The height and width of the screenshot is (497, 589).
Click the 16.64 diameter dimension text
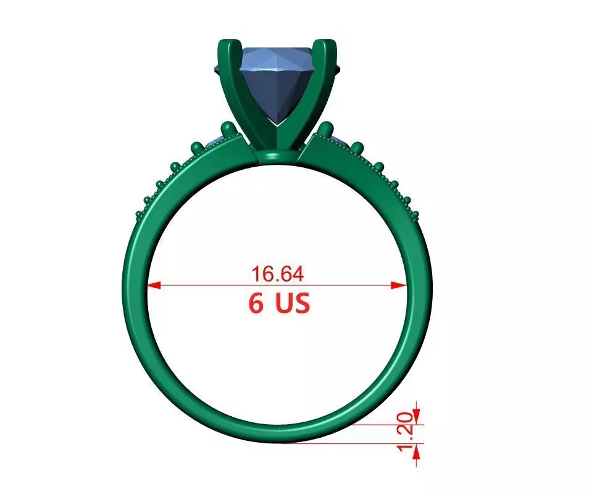click(277, 273)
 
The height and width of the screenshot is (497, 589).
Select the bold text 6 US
click(279, 303)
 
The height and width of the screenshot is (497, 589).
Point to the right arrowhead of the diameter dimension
click(401, 285)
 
